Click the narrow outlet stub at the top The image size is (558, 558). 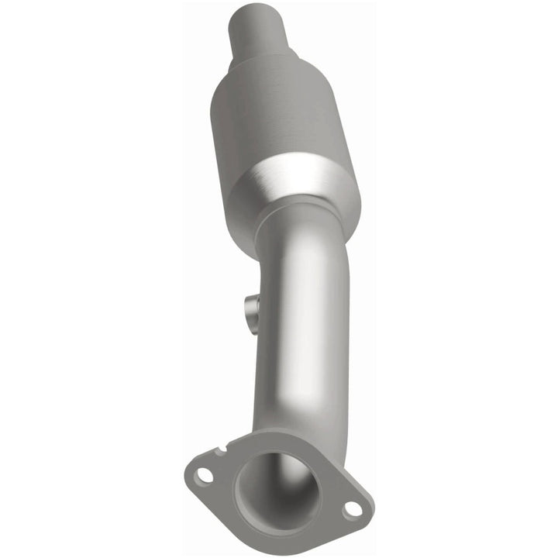(x=260, y=31)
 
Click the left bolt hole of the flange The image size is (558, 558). (x=202, y=475)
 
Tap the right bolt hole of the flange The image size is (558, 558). (x=352, y=509)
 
